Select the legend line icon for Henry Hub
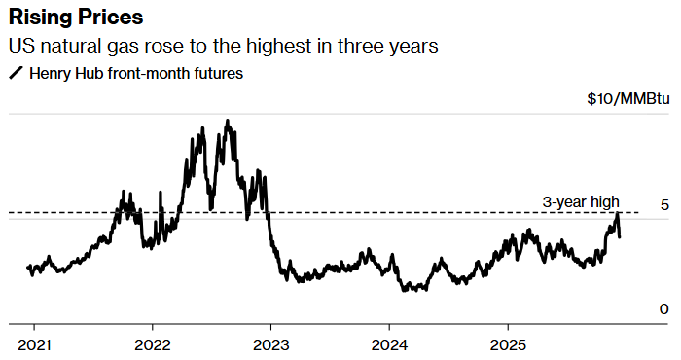(x=16, y=72)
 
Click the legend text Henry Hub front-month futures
(x=136, y=72)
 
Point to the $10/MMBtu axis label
(x=628, y=99)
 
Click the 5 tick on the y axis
(x=663, y=205)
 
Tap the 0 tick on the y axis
(x=663, y=308)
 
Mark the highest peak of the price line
(x=227, y=122)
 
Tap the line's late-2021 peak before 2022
(x=122, y=192)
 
